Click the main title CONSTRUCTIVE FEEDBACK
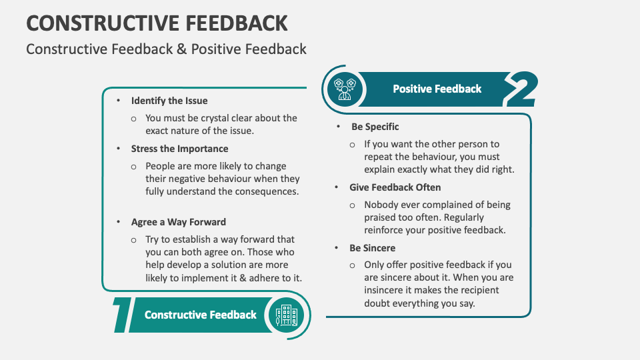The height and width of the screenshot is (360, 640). tap(157, 23)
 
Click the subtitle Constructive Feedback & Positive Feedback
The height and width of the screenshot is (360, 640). tap(166, 49)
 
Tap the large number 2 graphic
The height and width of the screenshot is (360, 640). tap(520, 89)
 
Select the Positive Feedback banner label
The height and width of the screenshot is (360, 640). tap(437, 89)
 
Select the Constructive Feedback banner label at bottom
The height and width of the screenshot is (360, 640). tap(200, 315)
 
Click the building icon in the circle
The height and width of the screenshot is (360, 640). tap(287, 315)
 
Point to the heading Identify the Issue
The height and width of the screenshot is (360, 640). tap(169, 101)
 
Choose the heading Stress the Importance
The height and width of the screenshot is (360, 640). tap(179, 149)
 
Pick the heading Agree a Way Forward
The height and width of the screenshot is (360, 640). tap(178, 222)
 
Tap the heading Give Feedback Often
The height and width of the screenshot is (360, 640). tap(395, 187)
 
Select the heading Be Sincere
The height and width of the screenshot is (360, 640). tap(372, 248)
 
